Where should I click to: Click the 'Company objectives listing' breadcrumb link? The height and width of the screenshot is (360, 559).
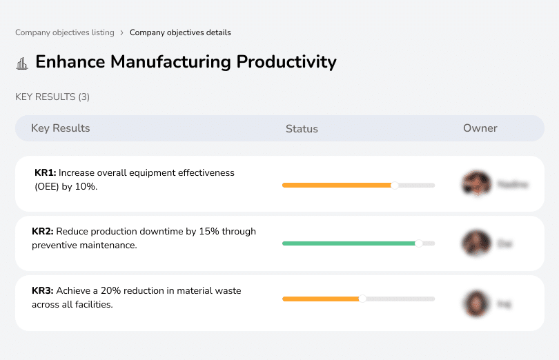click(x=65, y=32)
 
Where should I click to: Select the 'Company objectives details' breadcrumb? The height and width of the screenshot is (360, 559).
click(x=180, y=32)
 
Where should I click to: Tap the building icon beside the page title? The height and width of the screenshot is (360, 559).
click(x=22, y=63)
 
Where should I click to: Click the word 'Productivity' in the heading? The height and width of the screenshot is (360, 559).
click(x=286, y=62)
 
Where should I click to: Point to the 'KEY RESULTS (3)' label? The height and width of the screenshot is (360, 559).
click(x=52, y=97)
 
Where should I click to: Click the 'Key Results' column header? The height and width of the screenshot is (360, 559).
click(x=60, y=128)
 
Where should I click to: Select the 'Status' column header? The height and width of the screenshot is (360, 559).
click(x=302, y=129)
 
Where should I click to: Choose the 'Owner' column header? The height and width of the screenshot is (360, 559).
click(x=480, y=128)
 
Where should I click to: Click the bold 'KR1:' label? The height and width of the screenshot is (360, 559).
click(x=45, y=172)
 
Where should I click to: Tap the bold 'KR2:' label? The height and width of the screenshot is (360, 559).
click(x=43, y=232)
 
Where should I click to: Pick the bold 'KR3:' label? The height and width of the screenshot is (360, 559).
click(x=43, y=291)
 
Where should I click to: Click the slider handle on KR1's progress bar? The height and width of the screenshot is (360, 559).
click(x=395, y=185)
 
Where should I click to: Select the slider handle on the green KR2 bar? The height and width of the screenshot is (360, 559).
click(x=418, y=243)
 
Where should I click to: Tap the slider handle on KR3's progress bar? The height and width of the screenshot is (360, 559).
click(x=362, y=299)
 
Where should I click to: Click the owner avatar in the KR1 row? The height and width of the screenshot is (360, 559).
click(x=475, y=184)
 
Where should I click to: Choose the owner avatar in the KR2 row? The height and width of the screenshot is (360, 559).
click(x=475, y=243)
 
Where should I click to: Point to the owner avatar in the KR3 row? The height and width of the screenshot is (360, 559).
click(x=475, y=303)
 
